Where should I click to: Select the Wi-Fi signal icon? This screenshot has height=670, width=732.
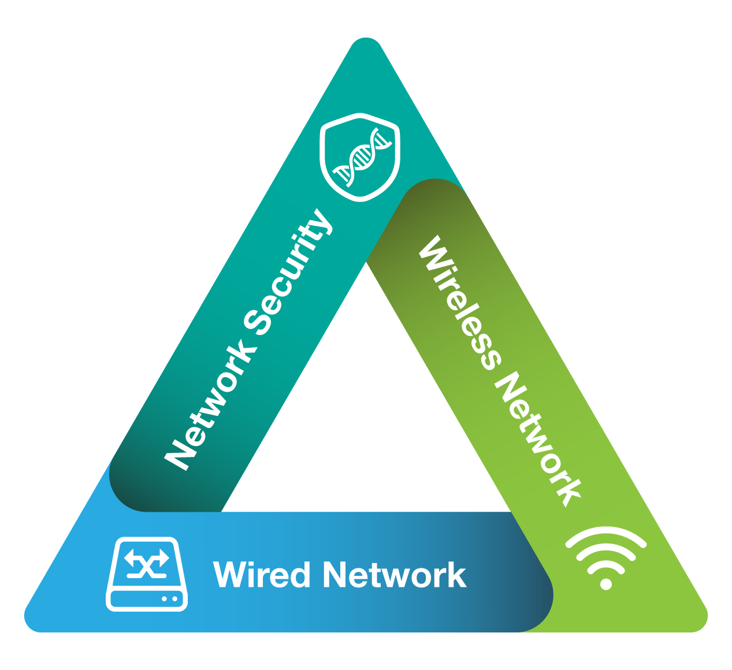click(x=605, y=558)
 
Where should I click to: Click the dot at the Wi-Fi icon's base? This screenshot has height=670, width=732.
click(x=605, y=584)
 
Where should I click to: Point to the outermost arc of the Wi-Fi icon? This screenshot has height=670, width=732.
click(x=605, y=535)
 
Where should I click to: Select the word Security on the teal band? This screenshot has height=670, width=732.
click(x=289, y=271)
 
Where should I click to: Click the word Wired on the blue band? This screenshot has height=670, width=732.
click(x=261, y=574)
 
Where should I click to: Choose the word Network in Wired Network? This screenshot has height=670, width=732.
click(x=395, y=574)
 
